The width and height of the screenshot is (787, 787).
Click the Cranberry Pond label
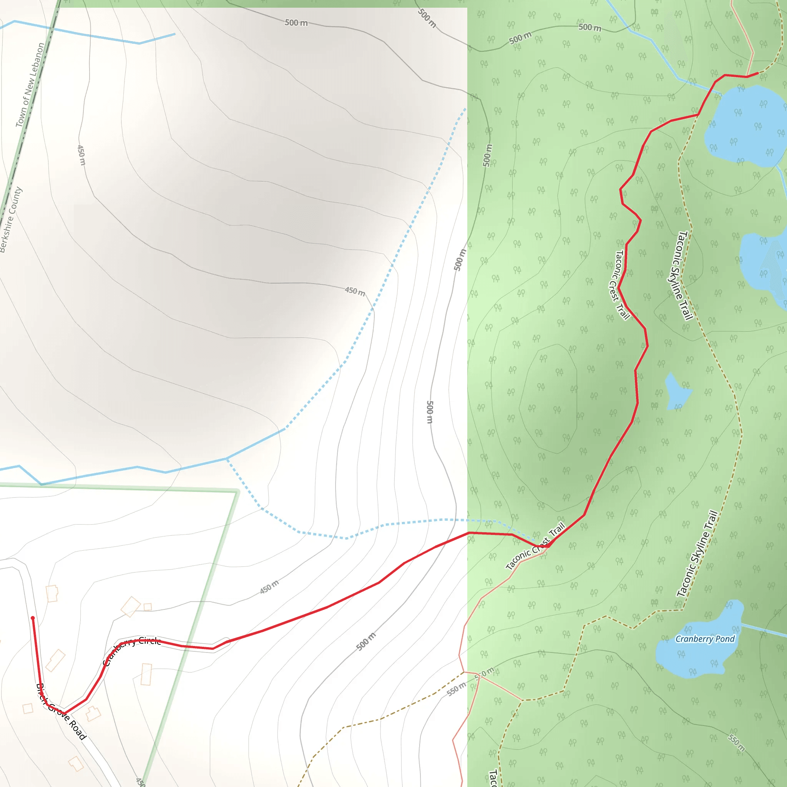(x=705, y=639)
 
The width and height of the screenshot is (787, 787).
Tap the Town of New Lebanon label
(x=30, y=85)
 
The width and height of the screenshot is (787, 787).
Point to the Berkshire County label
(x=11, y=220)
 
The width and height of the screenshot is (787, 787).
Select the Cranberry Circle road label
(x=131, y=651)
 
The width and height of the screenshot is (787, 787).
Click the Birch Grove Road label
(x=61, y=711)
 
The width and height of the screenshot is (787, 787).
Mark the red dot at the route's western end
(x=33, y=618)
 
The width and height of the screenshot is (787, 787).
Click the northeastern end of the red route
(x=757, y=73)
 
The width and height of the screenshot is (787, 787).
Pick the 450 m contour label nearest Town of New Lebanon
(x=81, y=155)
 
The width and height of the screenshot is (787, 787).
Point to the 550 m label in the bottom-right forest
(x=737, y=742)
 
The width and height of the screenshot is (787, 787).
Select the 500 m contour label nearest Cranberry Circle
(x=366, y=642)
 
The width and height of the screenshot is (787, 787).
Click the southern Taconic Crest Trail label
(x=535, y=546)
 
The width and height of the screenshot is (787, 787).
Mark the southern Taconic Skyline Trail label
(x=697, y=554)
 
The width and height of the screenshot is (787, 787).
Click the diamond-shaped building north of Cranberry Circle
(x=130, y=606)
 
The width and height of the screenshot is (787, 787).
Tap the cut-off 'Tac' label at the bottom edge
(x=493, y=778)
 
